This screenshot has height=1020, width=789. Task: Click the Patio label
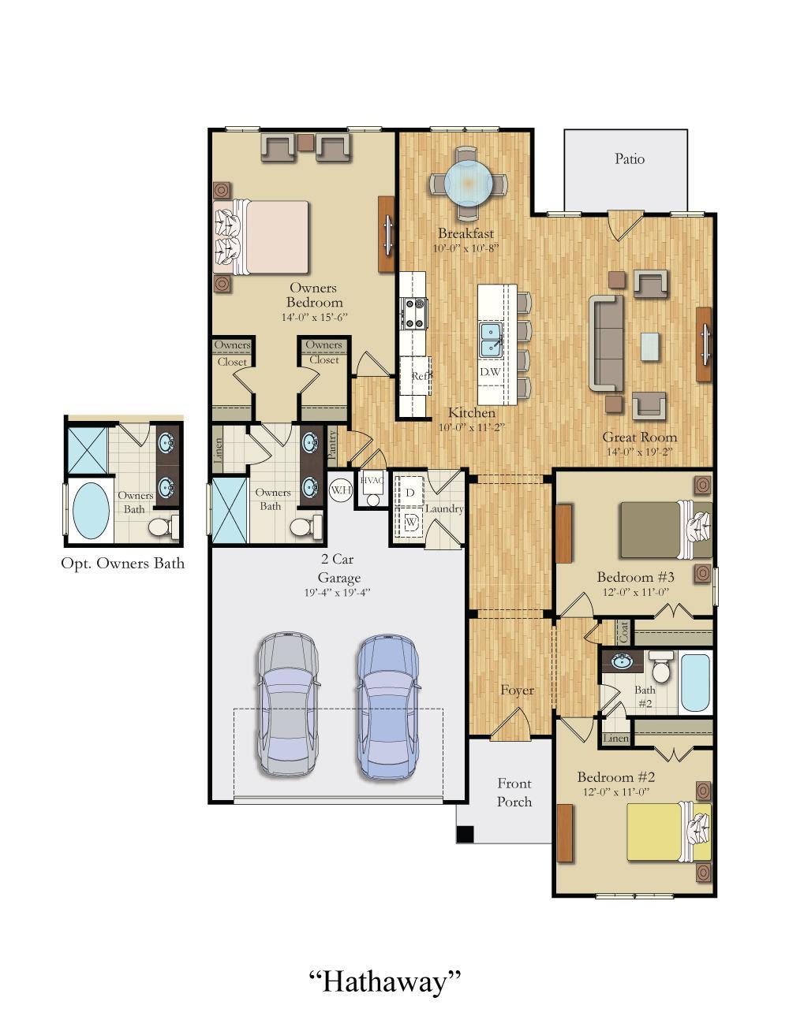(629, 159)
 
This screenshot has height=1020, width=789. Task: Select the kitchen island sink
(491, 340)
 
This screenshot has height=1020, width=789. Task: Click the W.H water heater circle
(340, 490)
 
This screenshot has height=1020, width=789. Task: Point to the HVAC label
(372, 480)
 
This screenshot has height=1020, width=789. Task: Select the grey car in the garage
(288, 702)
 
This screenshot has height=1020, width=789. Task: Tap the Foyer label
(517, 691)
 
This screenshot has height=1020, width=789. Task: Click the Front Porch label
(514, 792)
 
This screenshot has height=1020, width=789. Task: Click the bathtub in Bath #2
(695, 682)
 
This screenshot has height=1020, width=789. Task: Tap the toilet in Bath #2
(660, 668)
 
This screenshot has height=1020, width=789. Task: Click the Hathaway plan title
(384, 981)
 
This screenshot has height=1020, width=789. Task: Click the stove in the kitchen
(414, 312)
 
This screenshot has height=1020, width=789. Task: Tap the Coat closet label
(623, 631)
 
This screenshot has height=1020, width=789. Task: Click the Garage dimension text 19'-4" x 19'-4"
(337, 592)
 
